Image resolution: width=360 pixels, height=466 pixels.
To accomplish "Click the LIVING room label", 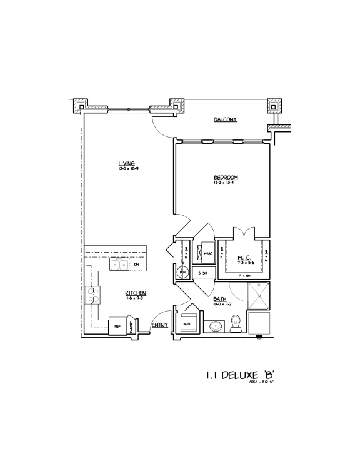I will (x=126, y=164).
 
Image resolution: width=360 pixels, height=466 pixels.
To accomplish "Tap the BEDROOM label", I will (x=226, y=178).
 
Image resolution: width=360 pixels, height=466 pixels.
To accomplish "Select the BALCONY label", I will (x=225, y=119).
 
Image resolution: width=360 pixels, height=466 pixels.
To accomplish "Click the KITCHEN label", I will (x=136, y=293).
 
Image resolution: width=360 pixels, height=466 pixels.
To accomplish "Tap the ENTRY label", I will (x=159, y=325).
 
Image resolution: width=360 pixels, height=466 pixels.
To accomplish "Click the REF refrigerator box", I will (x=117, y=326).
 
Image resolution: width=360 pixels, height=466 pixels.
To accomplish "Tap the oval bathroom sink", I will (x=216, y=325).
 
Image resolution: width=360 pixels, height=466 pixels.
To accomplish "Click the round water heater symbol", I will (x=184, y=273).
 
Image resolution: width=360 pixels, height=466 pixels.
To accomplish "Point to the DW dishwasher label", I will (x=137, y=265).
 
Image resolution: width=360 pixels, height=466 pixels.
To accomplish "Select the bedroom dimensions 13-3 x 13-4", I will (x=226, y=183).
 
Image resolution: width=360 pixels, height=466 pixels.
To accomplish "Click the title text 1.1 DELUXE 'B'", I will (x=241, y=376).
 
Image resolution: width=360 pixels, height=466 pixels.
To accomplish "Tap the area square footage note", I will (x=263, y=382).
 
